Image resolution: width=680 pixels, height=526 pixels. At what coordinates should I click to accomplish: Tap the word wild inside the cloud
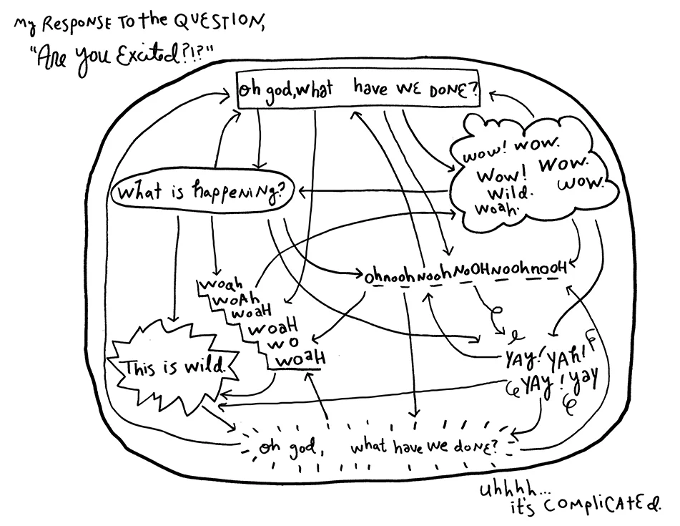pyautogui.click(x=511, y=193)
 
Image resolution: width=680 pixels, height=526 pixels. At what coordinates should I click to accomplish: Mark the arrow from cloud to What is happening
pyautogui.click(x=372, y=192)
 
